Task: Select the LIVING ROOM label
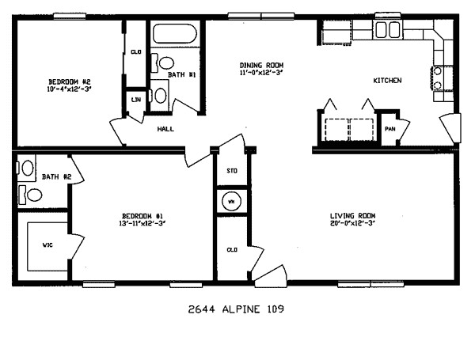click(352, 216)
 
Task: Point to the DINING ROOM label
click(262, 66)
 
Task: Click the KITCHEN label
click(387, 81)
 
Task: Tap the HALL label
click(165, 128)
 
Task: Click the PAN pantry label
click(389, 128)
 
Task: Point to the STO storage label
click(232, 170)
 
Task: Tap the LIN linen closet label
click(135, 100)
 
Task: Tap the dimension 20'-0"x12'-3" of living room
click(352, 224)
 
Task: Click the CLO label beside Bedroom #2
click(135, 52)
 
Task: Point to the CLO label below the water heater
click(232, 249)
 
